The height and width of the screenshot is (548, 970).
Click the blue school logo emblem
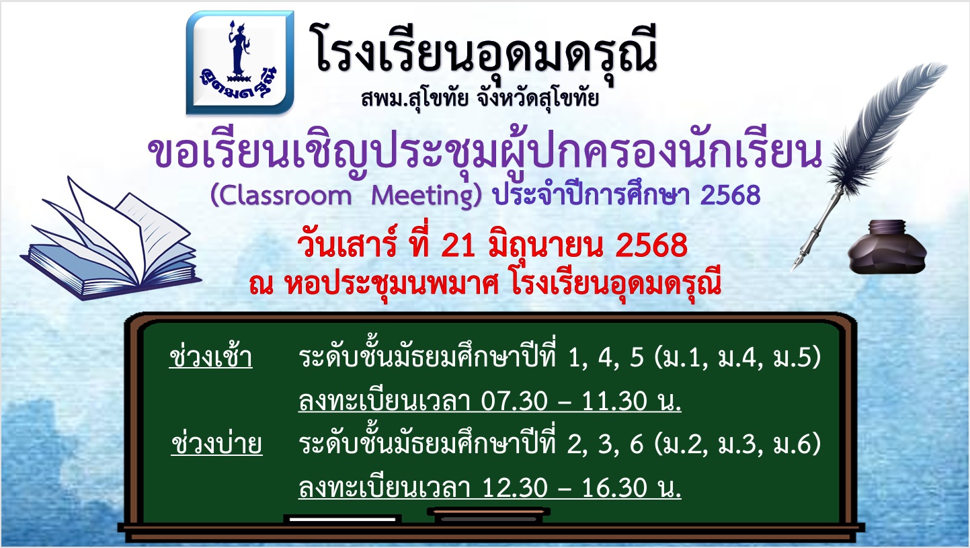click(x=240, y=63)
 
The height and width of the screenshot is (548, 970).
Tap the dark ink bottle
click(x=887, y=247)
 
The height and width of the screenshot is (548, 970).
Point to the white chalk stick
click(x=343, y=519)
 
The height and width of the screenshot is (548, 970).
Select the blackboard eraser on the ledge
click(x=489, y=515)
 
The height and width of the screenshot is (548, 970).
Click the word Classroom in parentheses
click(x=281, y=196)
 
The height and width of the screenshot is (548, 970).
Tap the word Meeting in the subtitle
click(x=426, y=196)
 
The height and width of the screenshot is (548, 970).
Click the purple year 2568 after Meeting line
click(x=730, y=195)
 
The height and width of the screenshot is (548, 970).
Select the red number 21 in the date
click(x=459, y=245)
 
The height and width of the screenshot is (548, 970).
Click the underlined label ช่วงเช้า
click(x=211, y=358)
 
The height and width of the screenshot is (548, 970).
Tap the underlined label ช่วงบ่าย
click(x=217, y=444)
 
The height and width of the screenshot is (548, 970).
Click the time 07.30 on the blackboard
click(x=514, y=401)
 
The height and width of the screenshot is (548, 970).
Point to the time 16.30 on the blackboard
click(x=614, y=487)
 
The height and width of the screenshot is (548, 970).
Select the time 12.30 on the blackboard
click(x=514, y=487)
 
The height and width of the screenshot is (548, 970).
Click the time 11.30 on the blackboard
click(x=614, y=401)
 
